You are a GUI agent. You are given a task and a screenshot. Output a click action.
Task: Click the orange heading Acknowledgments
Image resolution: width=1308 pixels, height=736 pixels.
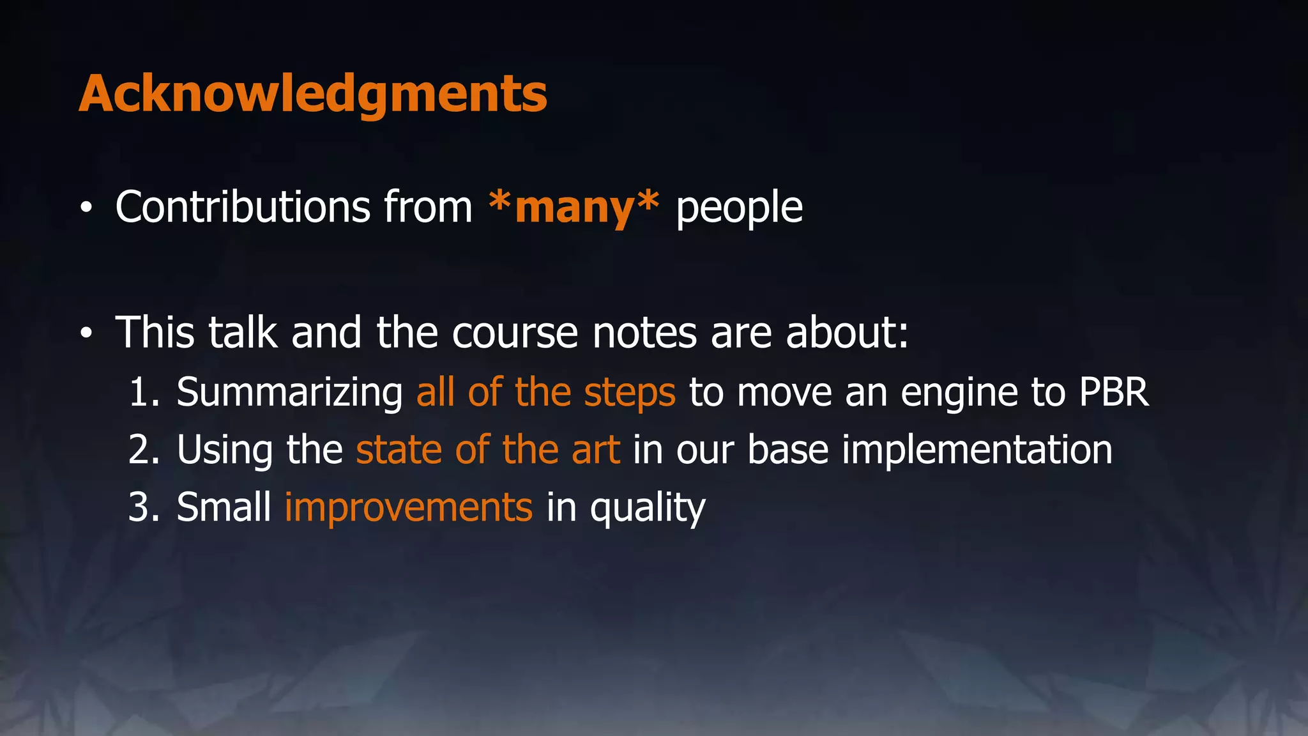313,95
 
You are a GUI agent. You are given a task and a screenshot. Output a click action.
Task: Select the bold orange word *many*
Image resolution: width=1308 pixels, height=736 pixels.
574,207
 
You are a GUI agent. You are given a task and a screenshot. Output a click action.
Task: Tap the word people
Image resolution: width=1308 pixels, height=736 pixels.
739,208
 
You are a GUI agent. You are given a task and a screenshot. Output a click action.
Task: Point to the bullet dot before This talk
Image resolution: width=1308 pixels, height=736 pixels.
86,333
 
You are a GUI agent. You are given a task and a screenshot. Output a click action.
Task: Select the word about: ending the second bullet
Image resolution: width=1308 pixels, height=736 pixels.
847,333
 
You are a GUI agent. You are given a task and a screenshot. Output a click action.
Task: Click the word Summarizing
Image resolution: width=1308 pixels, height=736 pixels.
289,392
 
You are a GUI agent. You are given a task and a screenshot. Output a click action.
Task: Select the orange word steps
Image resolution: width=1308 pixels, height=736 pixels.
629,392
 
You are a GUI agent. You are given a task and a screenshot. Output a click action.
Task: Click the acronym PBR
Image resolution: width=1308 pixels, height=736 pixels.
1114,392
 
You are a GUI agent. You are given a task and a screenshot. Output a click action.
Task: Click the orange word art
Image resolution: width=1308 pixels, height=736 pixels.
596,450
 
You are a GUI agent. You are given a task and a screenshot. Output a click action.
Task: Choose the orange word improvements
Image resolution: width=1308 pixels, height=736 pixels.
408,508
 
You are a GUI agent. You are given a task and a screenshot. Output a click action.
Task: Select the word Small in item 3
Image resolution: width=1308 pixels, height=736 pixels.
224,507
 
